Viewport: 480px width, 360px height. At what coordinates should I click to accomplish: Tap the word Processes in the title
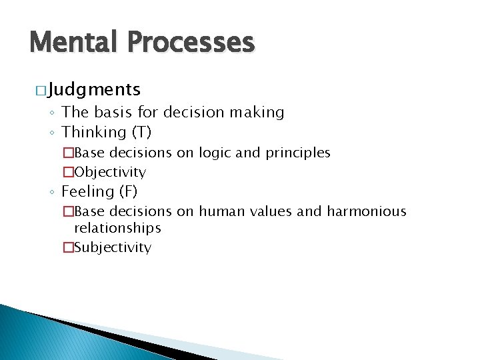click(x=192, y=43)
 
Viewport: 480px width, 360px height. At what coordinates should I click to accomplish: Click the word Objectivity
click(x=110, y=172)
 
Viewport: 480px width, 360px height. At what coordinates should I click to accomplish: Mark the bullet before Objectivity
click(x=68, y=172)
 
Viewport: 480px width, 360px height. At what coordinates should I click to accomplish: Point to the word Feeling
click(x=88, y=192)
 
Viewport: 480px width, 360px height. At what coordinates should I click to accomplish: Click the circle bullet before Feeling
click(x=53, y=193)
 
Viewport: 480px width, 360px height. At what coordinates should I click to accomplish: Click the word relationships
click(x=117, y=228)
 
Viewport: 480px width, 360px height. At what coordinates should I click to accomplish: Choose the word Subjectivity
click(x=113, y=247)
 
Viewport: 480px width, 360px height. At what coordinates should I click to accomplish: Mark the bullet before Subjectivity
click(x=68, y=247)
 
